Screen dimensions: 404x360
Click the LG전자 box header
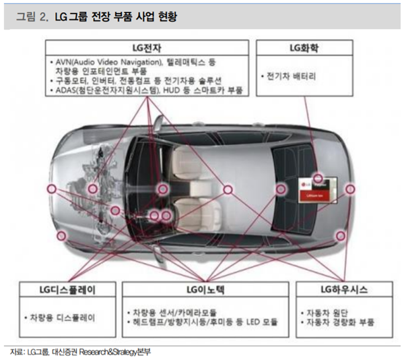(x=146, y=47)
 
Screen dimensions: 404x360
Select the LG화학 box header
(x=308, y=47)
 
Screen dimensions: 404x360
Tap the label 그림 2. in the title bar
(x=32, y=15)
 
